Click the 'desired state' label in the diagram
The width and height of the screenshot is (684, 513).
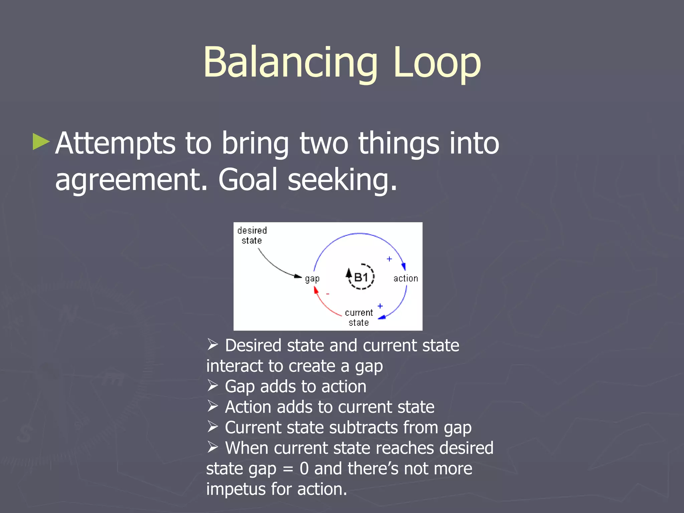point(252,235)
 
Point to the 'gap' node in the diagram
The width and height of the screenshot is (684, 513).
point(312,279)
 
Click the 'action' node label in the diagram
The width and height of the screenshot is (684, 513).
point(405,278)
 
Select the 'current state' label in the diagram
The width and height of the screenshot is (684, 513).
point(359,317)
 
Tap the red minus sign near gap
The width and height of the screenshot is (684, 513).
point(328,294)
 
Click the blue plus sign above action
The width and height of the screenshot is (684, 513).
point(389,259)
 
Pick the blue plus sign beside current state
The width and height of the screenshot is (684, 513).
point(380,306)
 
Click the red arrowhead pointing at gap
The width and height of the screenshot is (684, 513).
point(316,290)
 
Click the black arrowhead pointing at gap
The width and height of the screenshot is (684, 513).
point(298,276)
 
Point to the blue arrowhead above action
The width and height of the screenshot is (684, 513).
point(403,266)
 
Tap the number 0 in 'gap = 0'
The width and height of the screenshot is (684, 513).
point(304,468)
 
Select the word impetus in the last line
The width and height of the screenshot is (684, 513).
point(236,489)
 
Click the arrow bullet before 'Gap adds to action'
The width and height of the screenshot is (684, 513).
point(212,385)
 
